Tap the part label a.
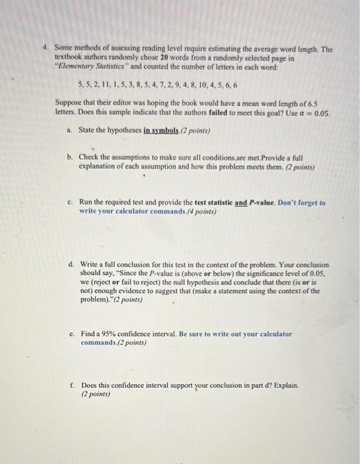tap(70, 131)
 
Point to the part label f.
tap(70, 384)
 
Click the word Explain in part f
tap(283, 384)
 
